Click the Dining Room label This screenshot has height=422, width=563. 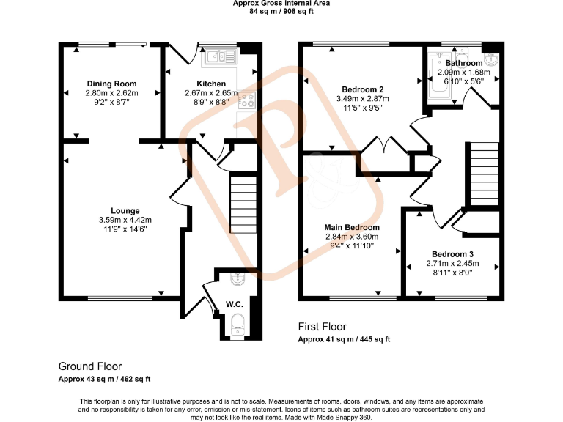(x=111, y=84)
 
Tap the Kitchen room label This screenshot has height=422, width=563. (x=210, y=84)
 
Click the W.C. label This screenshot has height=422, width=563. (x=234, y=303)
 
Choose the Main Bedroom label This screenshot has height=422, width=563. (x=353, y=228)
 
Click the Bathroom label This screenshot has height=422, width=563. (x=463, y=64)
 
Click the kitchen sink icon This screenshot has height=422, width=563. (x=219, y=55)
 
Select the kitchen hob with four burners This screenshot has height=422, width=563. (x=248, y=101)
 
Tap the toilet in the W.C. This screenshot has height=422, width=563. (x=237, y=323)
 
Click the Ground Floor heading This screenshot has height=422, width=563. (x=90, y=366)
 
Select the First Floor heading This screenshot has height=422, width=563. (x=322, y=327)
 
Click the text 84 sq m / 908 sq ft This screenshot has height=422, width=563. (x=281, y=12)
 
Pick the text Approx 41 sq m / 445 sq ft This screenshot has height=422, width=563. (x=344, y=339)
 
